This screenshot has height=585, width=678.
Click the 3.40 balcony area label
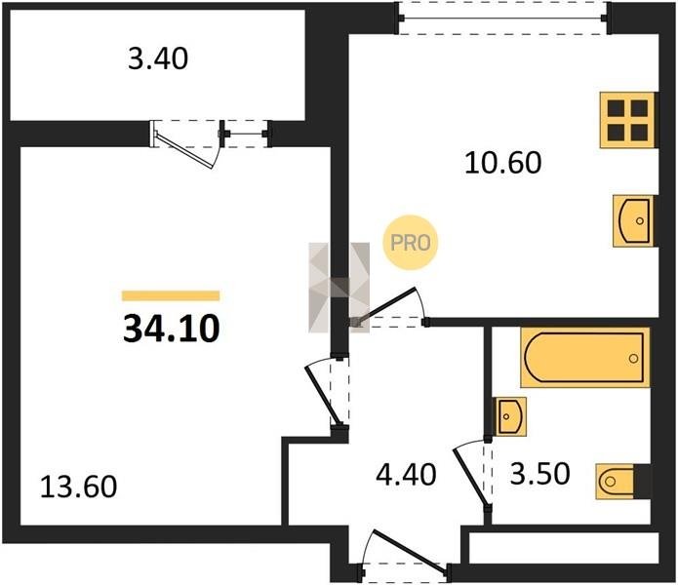click(x=158, y=59)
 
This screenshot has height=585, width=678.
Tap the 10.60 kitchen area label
click(x=502, y=163)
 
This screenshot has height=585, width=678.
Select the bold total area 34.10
click(x=172, y=329)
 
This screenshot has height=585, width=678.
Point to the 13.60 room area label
click(x=78, y=487)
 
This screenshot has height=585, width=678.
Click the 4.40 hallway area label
click(x=406, y=475)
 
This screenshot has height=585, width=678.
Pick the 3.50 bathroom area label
click(x=540, y=474)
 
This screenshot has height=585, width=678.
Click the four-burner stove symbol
click(x=627, y=120)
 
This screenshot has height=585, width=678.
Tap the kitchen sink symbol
click(x=633, y=220)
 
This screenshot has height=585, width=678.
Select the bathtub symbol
click(x=585, y=357)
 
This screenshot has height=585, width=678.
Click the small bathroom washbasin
click(x=510, y=416)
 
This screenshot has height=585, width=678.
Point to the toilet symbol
click(x=615, y=482)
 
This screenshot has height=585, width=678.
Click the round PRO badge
click(x=410, y=243)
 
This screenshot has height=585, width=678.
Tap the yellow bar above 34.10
click(x=171, y=295)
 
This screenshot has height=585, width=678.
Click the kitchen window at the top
click(x=502, y=19)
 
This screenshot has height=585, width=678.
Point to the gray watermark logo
click(x=339, y=288)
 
